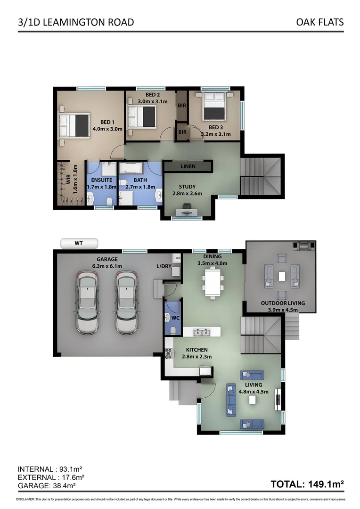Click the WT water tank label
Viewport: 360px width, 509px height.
pyautogui.click(x=79, y=244)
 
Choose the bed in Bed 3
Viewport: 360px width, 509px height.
pyautogui.click(x=214, y=108)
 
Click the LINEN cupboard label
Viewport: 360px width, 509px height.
pyautogui.click(x=188, y=166)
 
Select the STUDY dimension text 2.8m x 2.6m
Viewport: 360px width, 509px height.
pyautogui.click(x=188, y=193)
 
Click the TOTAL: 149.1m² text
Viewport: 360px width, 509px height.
pyautogui.click(x=307, y=484)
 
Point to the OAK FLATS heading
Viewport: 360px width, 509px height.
pyautogui.click(x=320, y=22)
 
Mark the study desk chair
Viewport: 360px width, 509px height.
pyautogui.click(x=187, y=206)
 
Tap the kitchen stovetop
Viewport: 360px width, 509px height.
pyautogui.click(x=168, y=353)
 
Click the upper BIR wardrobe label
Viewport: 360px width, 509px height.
pyautogui.click(x=182, y=105)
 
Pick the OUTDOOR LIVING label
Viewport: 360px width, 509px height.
pyautogui.click(x=283, y=303)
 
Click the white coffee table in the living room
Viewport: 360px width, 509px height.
pyautogui.click(x=252, y=400)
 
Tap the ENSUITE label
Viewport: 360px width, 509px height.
pyautogui.click(x=102, y=180)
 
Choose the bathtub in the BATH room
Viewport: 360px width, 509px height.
pyautogui.click(x=133, y=169)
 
